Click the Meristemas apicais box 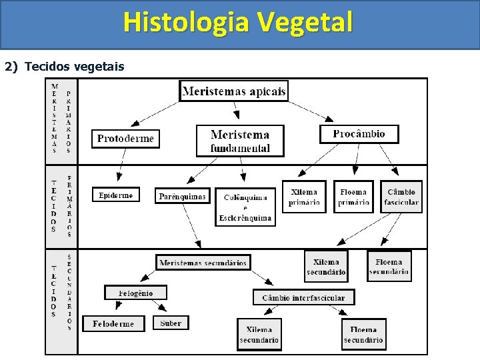tap(234, 91)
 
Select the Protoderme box tap(125, 139)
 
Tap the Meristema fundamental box tap(240, 141)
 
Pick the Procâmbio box tap(359, 133)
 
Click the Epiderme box tap(116, 195)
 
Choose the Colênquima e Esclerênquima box tap(245, 207)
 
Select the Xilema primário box tap(304, 197)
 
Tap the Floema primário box tap(353, 197)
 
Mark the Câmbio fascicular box tap(401, 197)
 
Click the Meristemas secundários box tap(203, 263)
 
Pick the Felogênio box tap(135, 293)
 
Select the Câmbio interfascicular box tap(303, 297)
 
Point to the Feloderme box tap(113, 324)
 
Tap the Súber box tap(171, 323)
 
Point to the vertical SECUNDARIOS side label tap(69, 292)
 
